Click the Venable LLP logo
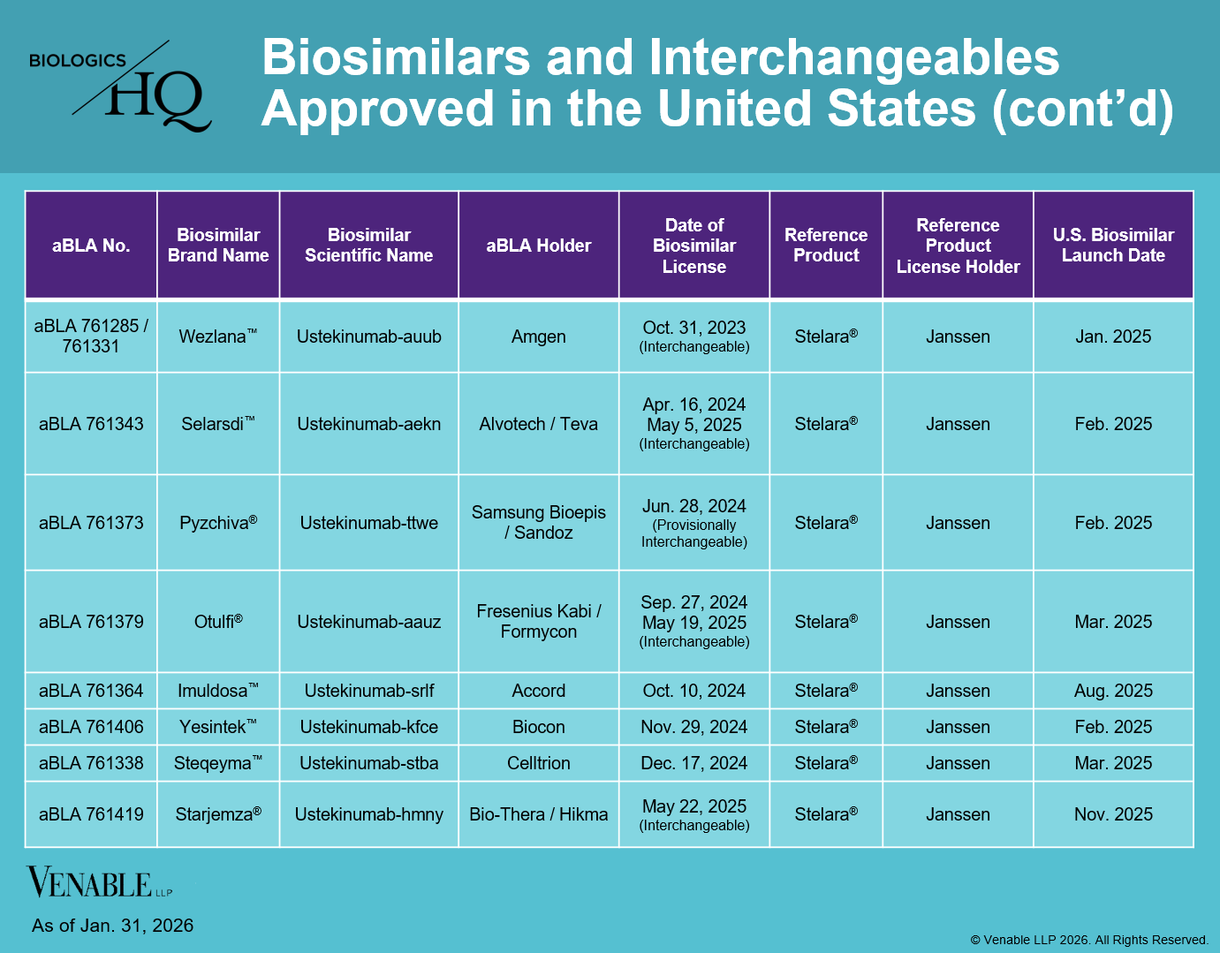[x=99, y=882]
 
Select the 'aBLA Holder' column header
[x=538, y=246]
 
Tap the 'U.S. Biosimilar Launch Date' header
[x=1113, y=246]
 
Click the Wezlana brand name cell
[x=217, y=337]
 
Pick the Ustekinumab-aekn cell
[x=368, y=424]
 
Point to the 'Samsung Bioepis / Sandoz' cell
[x=538, y=523]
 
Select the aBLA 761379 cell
[x=91, y=622]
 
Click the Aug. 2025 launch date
[x=1113, y=691]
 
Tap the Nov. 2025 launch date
[x=1113, y=814]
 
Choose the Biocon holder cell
[x=538, y=727]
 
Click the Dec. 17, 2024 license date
[x=693, y=763]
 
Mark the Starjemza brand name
[x=217, y=814]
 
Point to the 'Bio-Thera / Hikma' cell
[x=538, y=814]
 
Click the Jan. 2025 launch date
[x=1113, y=337]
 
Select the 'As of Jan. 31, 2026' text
[x=112, y=926]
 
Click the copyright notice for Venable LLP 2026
[x=1088, y=940]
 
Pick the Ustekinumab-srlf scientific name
[x=368, y=691]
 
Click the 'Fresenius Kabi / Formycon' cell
[x=538, y=622]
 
